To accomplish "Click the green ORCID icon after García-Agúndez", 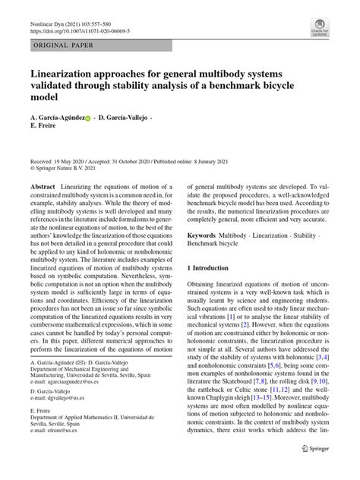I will [87, 119].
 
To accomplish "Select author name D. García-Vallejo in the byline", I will [123, 119].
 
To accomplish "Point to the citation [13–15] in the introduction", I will [255, 417].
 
